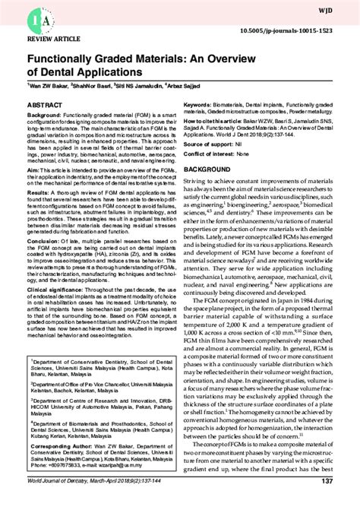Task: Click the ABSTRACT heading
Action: (x=45, y=102)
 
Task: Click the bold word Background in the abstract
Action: (x=44, y=114)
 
